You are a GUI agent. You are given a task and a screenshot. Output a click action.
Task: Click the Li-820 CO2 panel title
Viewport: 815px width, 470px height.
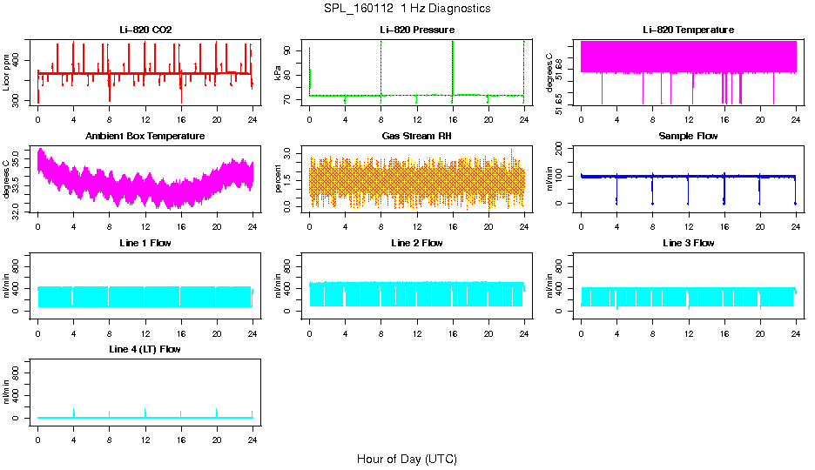145,30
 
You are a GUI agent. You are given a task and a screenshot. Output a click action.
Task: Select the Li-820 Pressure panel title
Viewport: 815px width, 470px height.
416,30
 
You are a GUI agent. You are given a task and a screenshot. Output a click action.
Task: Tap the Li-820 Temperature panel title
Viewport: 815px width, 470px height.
688,30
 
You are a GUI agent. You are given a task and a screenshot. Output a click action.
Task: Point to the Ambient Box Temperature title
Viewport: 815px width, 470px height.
145,136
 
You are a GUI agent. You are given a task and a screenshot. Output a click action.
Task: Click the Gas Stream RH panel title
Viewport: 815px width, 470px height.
416,136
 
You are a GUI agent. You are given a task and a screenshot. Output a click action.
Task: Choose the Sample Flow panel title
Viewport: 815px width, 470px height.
688,136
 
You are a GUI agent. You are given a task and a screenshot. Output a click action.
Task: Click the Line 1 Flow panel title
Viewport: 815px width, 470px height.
145,243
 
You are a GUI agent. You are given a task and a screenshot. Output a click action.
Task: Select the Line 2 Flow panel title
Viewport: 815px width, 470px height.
416,243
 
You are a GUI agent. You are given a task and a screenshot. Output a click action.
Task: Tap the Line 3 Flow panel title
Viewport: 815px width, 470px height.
688,243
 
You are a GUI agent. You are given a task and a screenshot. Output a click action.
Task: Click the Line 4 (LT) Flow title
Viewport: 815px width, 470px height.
145,349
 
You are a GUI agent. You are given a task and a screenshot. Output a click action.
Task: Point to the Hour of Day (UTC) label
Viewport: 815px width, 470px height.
407,459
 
